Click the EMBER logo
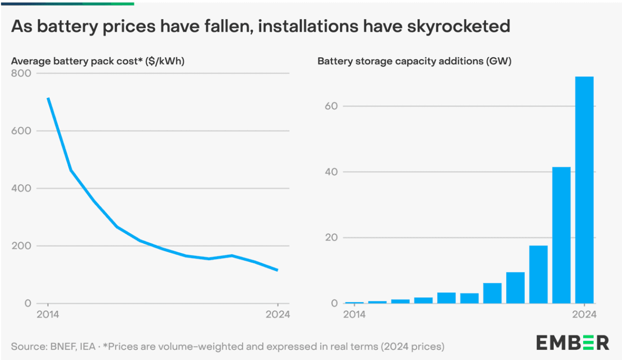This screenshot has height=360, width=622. (572, 342)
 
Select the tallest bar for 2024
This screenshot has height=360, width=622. (584, 190)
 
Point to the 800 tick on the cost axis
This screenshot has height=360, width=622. (21, 74)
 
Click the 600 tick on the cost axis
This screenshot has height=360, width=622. (21, 131)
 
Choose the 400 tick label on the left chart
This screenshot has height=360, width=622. (21, 189)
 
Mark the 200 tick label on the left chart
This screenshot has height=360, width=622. (21, 246)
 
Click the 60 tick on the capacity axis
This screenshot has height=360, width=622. (331, 106)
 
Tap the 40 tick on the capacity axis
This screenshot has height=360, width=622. (331, 172)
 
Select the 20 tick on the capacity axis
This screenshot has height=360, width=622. (331, 238)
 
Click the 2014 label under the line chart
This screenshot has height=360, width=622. (48, 314)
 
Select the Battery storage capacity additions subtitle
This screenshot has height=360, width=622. (414, 61)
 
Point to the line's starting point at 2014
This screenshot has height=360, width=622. (48, 98)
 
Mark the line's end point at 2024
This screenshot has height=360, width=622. (278, 270)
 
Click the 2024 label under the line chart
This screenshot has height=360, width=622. (278, 314)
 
